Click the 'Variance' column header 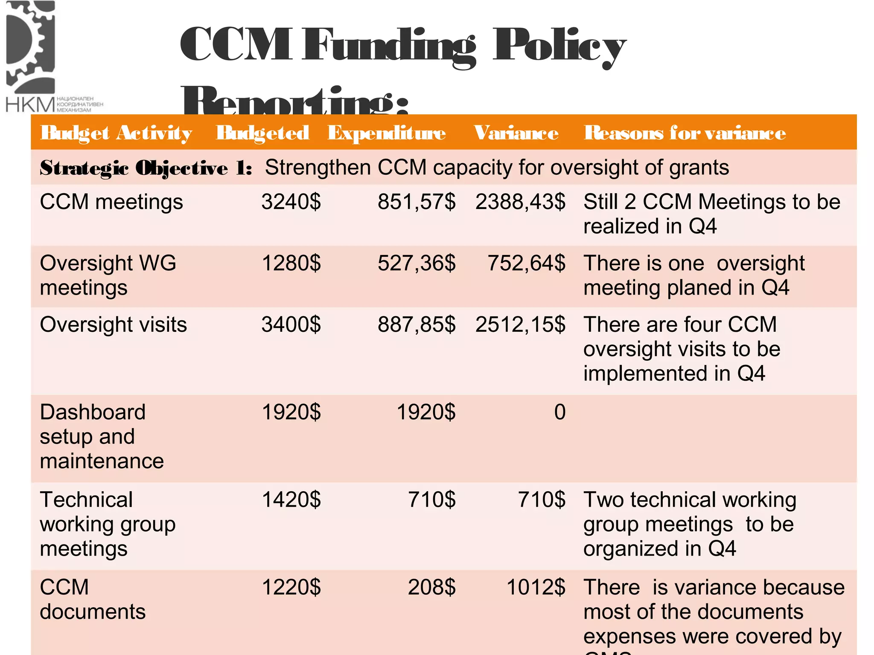tap(516, 133)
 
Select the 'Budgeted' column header tap(262, 133)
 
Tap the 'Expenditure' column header tap(387, 133)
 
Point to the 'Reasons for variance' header tap(685, 133)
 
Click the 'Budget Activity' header tap(116, 133)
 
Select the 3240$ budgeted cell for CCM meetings tap(291, 202)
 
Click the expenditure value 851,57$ tap(417, 202)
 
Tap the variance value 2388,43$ tap(520, 202)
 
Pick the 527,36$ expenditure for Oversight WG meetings tap(417, 264)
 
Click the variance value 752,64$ tap(526, 264)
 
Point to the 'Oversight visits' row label tap(114, 325)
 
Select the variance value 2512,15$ tap(520, 325)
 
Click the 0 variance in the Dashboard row tap(559, 412)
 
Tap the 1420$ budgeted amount tap(291, 500)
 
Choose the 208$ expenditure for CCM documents tap(431, 587)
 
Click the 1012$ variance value tap(536, 587)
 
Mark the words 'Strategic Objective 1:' tap(146, 168)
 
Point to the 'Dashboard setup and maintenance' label tap(102, 437)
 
